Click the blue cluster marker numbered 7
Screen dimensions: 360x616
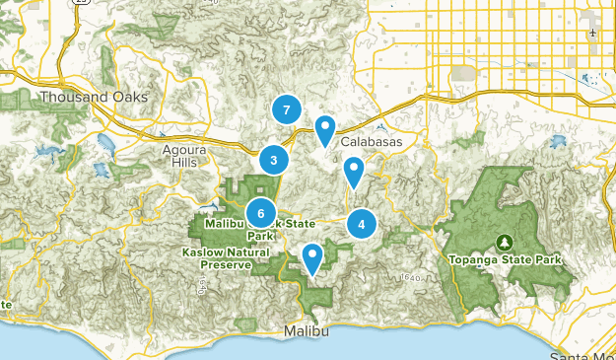[286, 110]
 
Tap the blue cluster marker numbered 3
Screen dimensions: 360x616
[273, 160]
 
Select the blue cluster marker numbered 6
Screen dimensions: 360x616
[261, 212]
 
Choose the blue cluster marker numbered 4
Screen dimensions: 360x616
[362, 224]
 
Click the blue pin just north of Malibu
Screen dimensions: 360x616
[312, 258]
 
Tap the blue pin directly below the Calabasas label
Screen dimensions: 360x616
[354, 173]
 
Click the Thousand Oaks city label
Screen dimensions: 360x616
[94, 97]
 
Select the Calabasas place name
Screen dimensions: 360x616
[372, 142]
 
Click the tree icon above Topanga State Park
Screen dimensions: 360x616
[506, 241]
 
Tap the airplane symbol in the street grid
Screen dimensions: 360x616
[593, 34]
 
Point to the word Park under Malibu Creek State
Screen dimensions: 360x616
[259, 236]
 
